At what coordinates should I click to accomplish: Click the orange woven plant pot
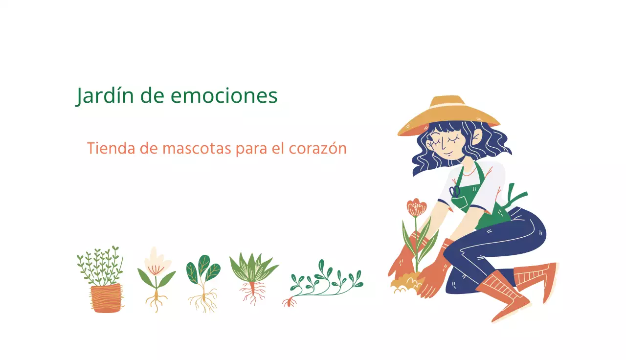(x=106, y=297)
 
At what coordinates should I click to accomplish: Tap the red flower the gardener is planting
(x=416, y=208)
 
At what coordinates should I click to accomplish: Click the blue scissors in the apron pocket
(x=455, y=191)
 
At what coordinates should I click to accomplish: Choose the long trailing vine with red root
(x=325, y=284)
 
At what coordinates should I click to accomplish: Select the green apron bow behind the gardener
(x=516, y=196)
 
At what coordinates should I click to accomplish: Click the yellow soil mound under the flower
(x=406, y=283)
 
